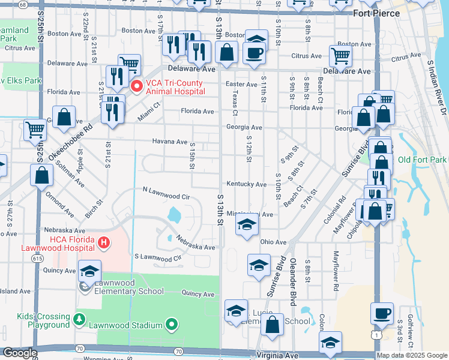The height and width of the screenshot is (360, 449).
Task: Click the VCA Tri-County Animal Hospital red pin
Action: (137, 86)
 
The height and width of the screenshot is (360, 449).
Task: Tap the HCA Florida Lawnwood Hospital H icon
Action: (104, 243)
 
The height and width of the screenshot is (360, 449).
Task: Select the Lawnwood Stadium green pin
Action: (172, 325)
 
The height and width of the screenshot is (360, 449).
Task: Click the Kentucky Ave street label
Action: (246, 184)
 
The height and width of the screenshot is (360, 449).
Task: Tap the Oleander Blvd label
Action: (294, 282)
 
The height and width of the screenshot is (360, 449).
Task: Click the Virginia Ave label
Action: (278, 355)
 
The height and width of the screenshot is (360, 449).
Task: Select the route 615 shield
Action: (38, 257)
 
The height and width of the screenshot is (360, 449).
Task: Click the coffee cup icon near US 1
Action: (382, 313)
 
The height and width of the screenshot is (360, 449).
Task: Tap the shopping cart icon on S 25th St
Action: (35, 129)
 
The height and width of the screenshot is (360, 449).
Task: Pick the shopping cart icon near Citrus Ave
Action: (340, 56)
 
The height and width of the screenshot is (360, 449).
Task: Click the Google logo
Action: (20, 353)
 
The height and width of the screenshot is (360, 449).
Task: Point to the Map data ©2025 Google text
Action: (412, 355)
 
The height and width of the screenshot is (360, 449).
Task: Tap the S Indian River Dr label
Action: (436, 84)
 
